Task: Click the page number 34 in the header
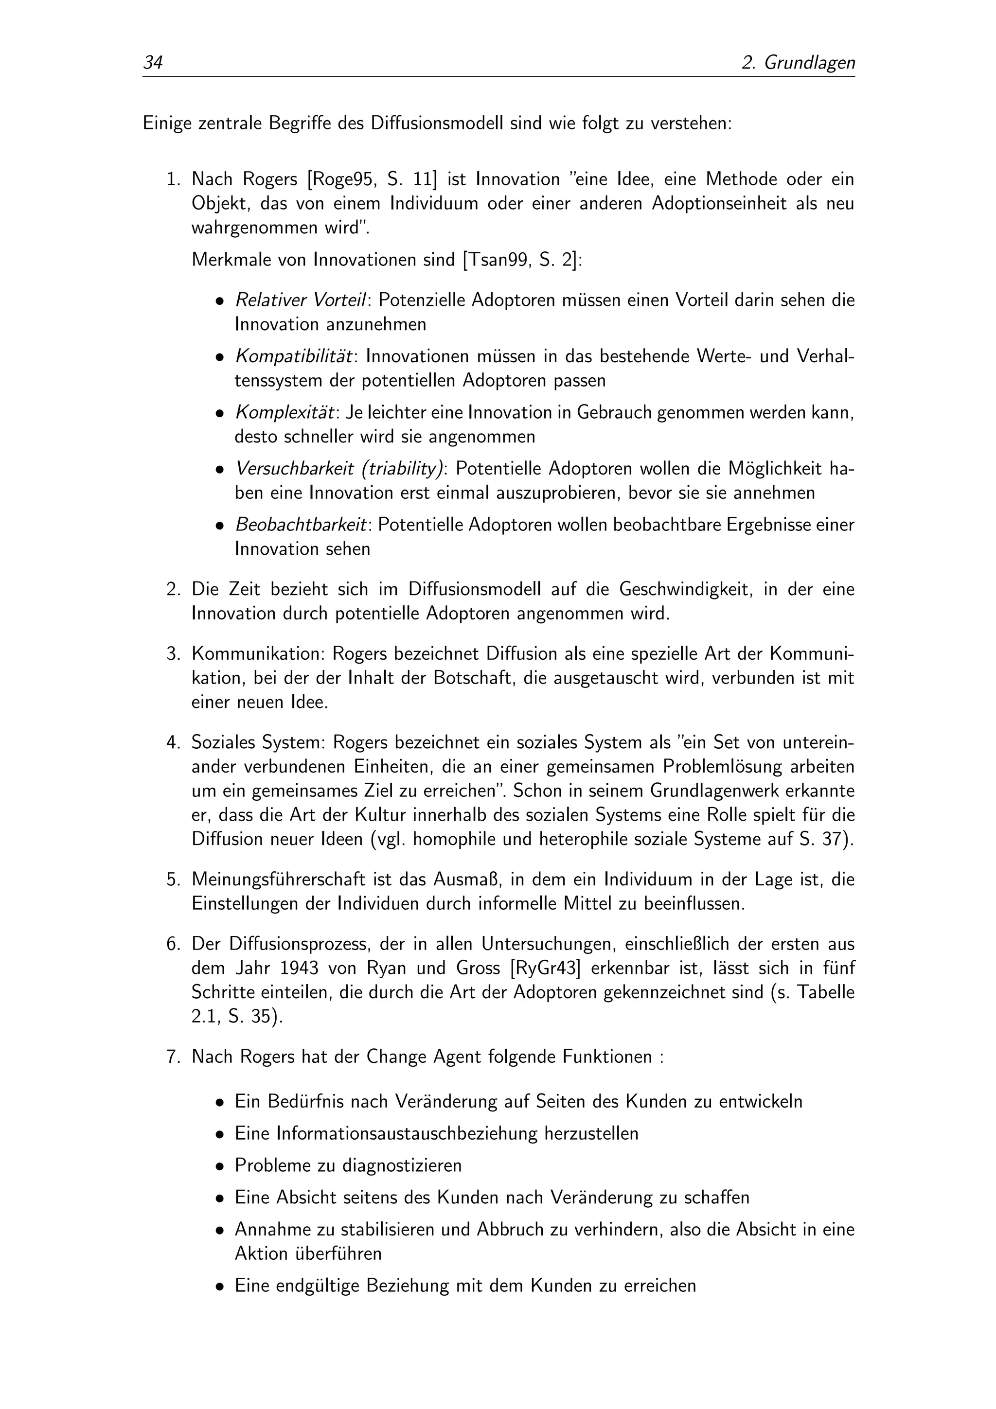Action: pos(152,63)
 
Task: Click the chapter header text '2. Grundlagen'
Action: pos(798,63)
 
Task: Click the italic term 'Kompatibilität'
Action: pos(294,356)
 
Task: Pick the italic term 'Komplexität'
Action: pos(285,412)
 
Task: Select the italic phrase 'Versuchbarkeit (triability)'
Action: pos(339,469)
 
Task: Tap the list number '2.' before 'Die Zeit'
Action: pos(173,589)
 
